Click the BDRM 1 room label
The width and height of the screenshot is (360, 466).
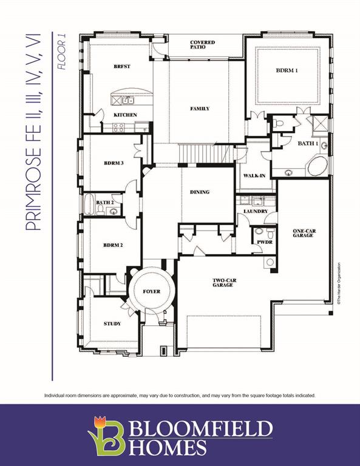click(x=287, y=71)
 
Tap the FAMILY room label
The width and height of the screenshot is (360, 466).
click(x=200, y=109)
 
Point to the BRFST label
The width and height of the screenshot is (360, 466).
click(x=122, y=66)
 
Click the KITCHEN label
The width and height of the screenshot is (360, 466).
click(x=125, y=115)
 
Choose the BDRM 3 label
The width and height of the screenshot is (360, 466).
click(x=114, y=163)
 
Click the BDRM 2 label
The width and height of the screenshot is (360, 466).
click(x=113, y=245)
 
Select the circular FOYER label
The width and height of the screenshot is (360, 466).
click(x=152, y=292)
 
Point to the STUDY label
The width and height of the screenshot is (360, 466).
click(x=112, y=323)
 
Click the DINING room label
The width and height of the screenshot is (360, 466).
click(x=200, y=192)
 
